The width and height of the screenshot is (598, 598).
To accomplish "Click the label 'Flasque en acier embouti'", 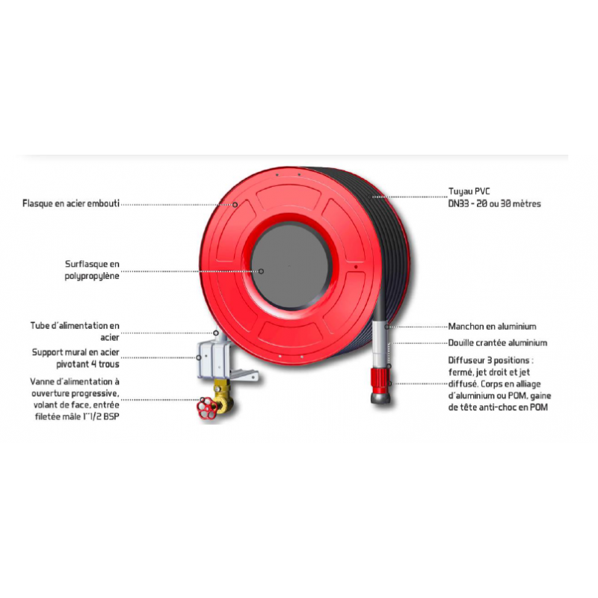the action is tap(71, 203).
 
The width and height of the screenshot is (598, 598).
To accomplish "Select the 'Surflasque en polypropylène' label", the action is tap(92, 270).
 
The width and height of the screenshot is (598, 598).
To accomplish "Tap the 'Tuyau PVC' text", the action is tap(469, 191).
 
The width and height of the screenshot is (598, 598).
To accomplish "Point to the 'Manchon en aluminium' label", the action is tap(492, 327).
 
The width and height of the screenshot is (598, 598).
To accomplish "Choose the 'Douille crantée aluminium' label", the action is tap(497, 343).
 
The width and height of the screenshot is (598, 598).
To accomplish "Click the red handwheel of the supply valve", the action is tap(206, 408).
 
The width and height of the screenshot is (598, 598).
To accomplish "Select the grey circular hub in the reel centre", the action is tap(290, 265).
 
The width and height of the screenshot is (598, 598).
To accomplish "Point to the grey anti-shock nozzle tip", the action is tap(380, 398).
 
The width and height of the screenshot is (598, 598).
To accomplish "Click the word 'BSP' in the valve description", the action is tap(111, 416).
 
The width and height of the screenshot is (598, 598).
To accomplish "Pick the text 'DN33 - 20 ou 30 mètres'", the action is tap(494, 203).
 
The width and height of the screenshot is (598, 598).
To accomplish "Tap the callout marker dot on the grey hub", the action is tap(261, 271).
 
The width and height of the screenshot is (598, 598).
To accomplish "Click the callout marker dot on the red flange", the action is tap(235, 205).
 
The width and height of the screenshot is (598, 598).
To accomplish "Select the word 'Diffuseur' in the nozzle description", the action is tap(466, 360).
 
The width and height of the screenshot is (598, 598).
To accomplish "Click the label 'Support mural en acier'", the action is tap(75, 352).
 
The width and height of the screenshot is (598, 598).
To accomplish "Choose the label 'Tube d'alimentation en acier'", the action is tap(75, 331).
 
